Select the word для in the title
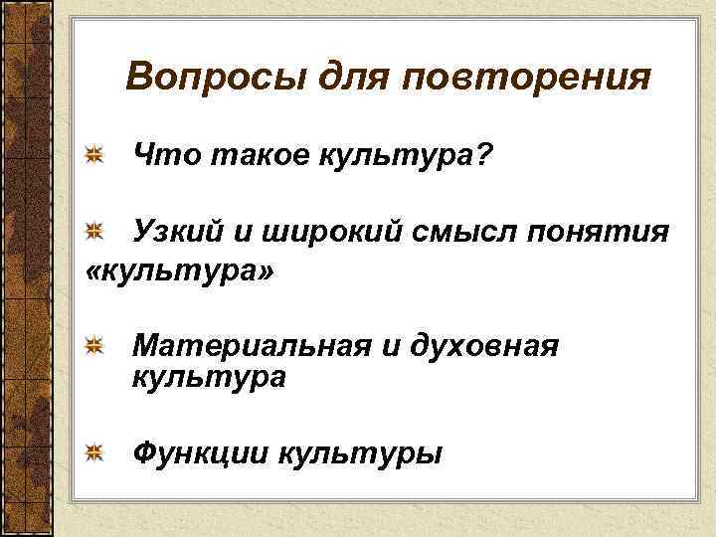[x=344, y=77]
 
